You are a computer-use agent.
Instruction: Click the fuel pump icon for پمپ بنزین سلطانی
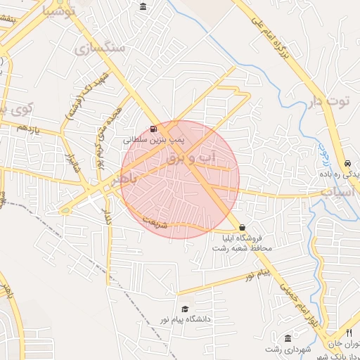point(153,129)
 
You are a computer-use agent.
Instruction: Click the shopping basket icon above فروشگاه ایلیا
point(243,228)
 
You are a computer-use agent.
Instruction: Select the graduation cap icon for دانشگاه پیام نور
point(185,309)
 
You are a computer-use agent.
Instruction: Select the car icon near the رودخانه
point(348,162)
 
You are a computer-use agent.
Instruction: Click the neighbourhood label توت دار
point(328,102)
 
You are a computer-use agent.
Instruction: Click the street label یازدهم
point(32,130)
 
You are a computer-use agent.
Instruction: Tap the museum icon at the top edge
point(143,7)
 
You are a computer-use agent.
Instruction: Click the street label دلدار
point(108,215)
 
